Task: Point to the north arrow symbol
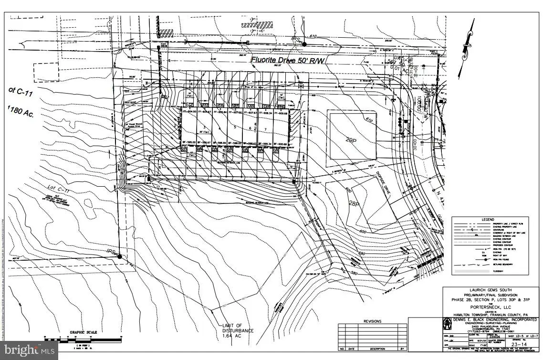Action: [465, 48]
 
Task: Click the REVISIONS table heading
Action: [373, 321]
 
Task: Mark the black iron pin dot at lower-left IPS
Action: [120, 256]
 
